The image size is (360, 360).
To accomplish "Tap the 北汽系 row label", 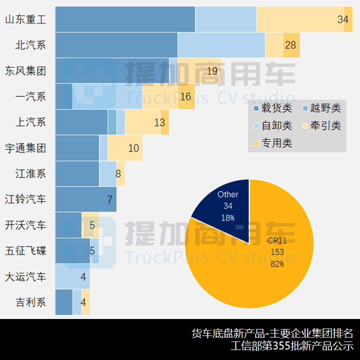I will (x=30, y=45).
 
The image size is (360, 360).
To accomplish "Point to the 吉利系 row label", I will (x=30, y=302).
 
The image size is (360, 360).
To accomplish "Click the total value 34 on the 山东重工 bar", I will (x=342, y=19).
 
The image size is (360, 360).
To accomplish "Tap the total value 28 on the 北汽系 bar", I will (x=290, y=45).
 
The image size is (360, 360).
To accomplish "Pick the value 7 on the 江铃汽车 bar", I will (x=109, y=199).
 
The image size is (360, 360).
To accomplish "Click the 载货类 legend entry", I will (x=273, y=108).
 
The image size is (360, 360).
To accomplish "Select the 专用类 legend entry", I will (x=273, y=143).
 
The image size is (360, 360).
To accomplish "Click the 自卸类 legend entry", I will (x=273, y=125).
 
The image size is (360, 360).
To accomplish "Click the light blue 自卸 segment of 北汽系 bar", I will (x=221, y=45).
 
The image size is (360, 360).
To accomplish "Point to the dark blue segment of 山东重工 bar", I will (x=125, y=19).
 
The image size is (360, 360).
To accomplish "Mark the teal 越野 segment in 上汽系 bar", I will (x=112, y=122).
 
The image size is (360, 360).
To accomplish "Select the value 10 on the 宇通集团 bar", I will (x=133, y=148).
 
